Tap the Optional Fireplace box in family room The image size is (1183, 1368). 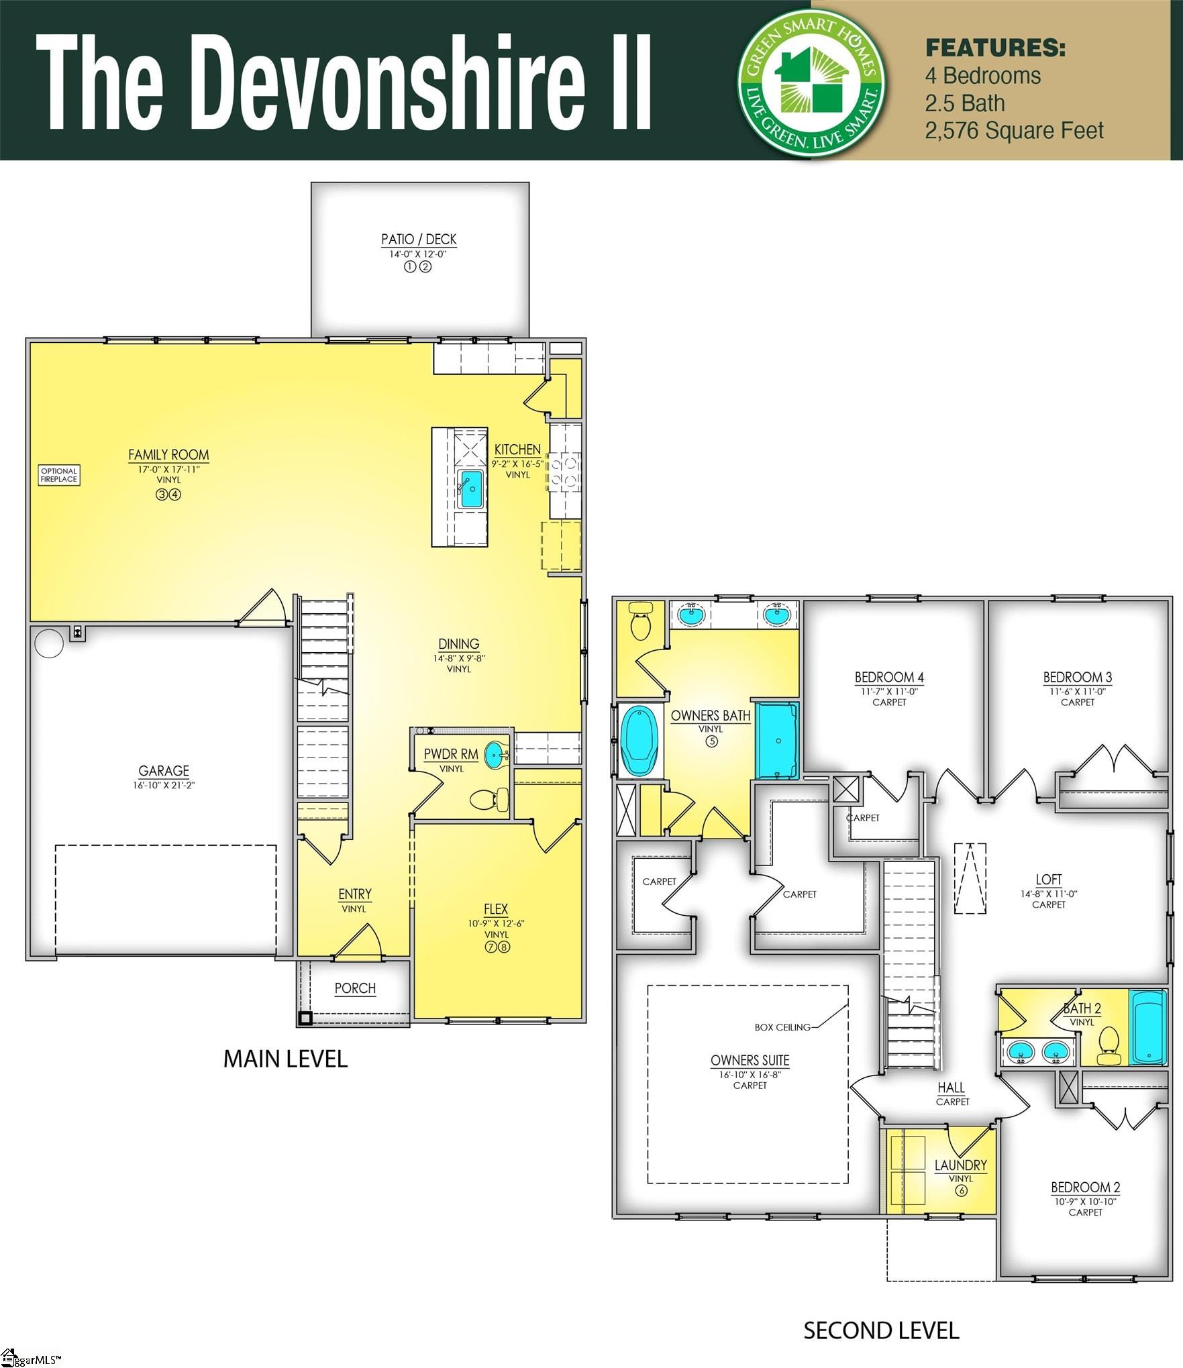coord(59,475)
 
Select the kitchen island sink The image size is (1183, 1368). coord(470,488)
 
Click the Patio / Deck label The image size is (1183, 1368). coord(419,240)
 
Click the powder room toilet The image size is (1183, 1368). coord(490,800)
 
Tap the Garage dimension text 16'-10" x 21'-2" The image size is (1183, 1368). coord(164,785)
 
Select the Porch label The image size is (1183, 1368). coord(355,988)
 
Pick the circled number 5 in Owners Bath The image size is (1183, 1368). coord(711,741)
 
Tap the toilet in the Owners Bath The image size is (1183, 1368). coord(641,622)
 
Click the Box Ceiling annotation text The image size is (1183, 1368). coord(782,1027)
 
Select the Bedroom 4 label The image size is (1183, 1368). coord(888,677)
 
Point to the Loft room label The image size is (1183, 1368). coord(1048,880)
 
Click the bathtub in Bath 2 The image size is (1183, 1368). coord(1147,1027)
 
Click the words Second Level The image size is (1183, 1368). coord(881,1330)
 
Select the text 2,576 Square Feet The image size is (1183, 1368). coord(1014,131)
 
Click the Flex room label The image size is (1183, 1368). coord(496,909)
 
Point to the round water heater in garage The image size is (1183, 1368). coord(49,643)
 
